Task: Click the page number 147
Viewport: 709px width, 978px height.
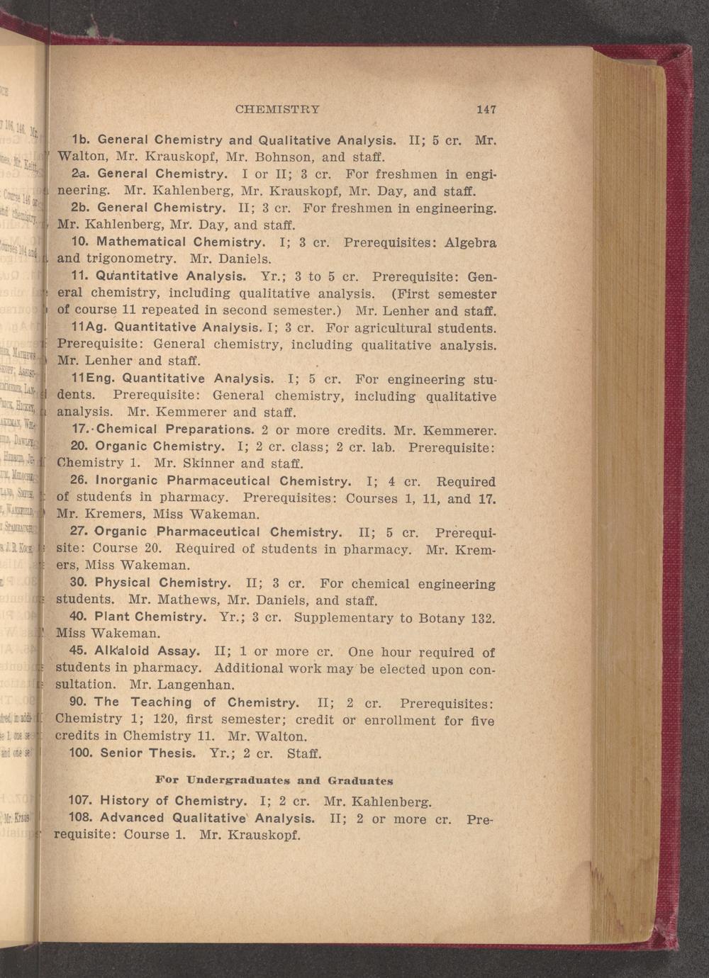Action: point(486,110)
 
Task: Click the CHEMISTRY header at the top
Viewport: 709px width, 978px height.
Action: point(277,110)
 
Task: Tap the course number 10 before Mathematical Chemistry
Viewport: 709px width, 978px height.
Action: point(79,242)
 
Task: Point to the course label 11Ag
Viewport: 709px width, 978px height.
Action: point(89,327)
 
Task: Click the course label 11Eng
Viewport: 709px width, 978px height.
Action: point(92,379)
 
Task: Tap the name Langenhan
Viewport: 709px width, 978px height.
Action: point(194,685)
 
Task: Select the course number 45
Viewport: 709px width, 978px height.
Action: point(79,651)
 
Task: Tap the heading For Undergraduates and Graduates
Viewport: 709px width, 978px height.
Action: point(274,780)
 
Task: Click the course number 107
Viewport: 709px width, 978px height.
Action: point(80,801)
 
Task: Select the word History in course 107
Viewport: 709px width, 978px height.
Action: point(124,801)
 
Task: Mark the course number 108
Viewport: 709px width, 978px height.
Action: point(80,818)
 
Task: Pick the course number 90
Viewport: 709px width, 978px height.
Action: point(79,702)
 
